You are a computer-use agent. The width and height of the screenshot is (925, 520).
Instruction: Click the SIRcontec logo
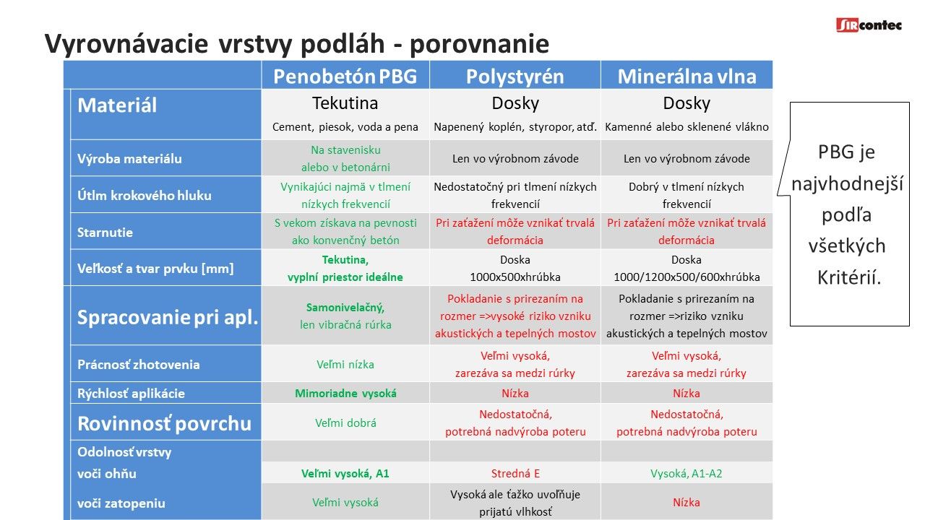tap(869, 25)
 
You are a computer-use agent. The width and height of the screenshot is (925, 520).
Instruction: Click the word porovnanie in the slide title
tap(479, 44)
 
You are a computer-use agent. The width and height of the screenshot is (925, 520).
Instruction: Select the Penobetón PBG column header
tap(345, 77)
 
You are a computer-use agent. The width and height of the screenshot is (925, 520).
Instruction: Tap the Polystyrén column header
tap(515, 77)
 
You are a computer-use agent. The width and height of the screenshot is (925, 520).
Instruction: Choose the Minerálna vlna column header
tap(687, 77)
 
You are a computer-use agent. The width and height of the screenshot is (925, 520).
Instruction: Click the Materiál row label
tap(117, 105)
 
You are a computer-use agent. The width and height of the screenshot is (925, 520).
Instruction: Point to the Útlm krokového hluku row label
tap(144, 195)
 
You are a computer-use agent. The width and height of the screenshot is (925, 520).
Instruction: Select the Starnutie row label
tap(105, 233)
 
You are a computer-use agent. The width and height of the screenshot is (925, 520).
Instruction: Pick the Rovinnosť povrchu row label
tap(164, 423)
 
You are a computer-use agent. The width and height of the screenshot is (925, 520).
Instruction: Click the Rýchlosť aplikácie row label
tap(131, 394)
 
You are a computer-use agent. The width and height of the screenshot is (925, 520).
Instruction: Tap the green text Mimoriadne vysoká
tap(345, 394)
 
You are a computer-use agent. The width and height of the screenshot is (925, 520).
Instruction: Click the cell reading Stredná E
tap(515, 473)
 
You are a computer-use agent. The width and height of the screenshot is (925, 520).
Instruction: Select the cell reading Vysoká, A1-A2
tap(687, 473)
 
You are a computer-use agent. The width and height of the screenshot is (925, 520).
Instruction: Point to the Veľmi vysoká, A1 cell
tap(345, 473)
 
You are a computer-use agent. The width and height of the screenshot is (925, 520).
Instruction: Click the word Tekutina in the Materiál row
tap(345, 103)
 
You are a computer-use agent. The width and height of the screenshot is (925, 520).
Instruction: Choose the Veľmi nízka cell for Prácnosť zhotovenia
tap(345, 365)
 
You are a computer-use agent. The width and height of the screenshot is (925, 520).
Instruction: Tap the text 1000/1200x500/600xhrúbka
tap(687, 277)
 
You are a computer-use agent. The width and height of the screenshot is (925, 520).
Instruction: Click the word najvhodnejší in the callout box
tap(848, 183)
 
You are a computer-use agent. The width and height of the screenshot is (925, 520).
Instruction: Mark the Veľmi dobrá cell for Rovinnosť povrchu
tap(345, 423)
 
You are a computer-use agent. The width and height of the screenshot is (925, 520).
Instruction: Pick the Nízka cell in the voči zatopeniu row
tap(687, 502)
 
